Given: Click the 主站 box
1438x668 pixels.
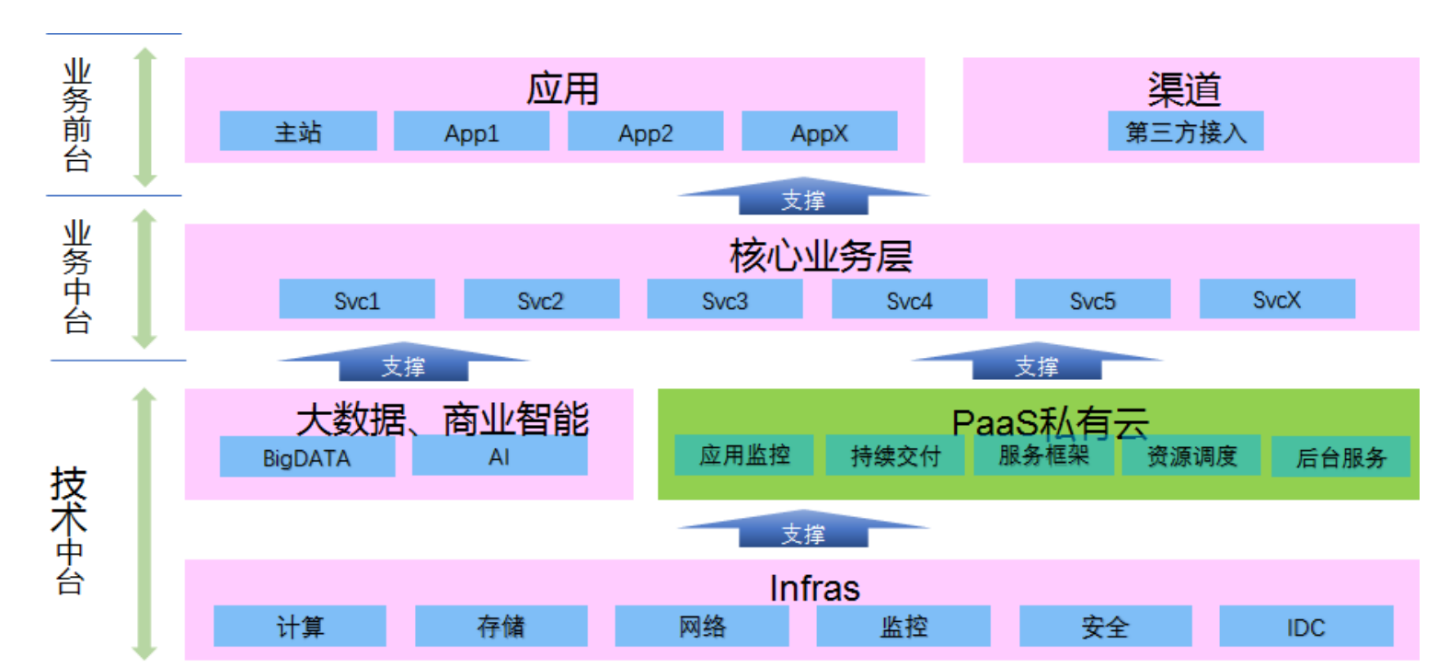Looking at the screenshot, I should (298, 132).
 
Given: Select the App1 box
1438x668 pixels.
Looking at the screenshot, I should (472, 132).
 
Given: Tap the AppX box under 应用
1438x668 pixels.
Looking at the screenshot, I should (819, 132).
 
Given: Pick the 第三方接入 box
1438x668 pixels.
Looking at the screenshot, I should (1185, 132).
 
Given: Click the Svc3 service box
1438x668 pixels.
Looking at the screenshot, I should (725, 300).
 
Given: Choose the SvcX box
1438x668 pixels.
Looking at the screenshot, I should (1277, 299).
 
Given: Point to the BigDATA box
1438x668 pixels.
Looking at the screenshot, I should (307, 456).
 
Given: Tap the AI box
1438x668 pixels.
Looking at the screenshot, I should (500, 456).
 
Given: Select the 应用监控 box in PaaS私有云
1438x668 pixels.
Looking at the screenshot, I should (744, 455).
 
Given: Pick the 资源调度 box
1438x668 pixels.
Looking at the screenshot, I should (1191, 455).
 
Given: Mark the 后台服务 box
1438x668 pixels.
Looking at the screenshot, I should (1340, 456).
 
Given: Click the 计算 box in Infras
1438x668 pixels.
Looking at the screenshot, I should (301, 627).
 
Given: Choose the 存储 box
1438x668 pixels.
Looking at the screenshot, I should (501, 627).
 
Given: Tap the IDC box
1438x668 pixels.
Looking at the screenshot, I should (1306, 627).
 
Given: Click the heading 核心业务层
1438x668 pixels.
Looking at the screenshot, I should (821, 256).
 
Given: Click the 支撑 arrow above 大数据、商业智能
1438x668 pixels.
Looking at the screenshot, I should (403, 363).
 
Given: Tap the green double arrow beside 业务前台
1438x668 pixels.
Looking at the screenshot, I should (144, 117).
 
